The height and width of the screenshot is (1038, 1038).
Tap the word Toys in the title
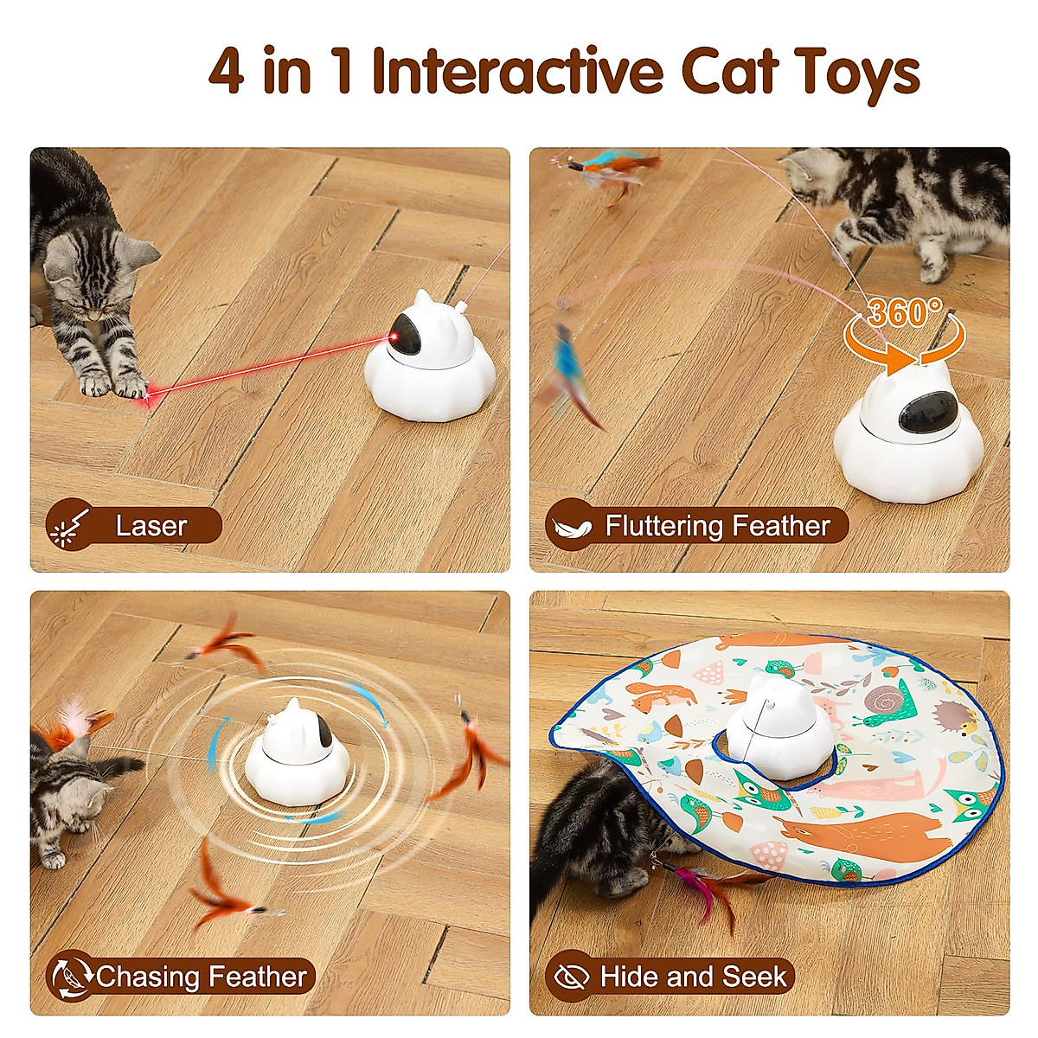[857, 73]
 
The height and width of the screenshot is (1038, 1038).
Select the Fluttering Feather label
[717, 526]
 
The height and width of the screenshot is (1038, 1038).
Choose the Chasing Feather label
[201, 977]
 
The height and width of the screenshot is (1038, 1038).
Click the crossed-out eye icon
[570, 977]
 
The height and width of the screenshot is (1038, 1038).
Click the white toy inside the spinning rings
[297, 747]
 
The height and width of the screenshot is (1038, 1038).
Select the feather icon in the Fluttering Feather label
[571, 526]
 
